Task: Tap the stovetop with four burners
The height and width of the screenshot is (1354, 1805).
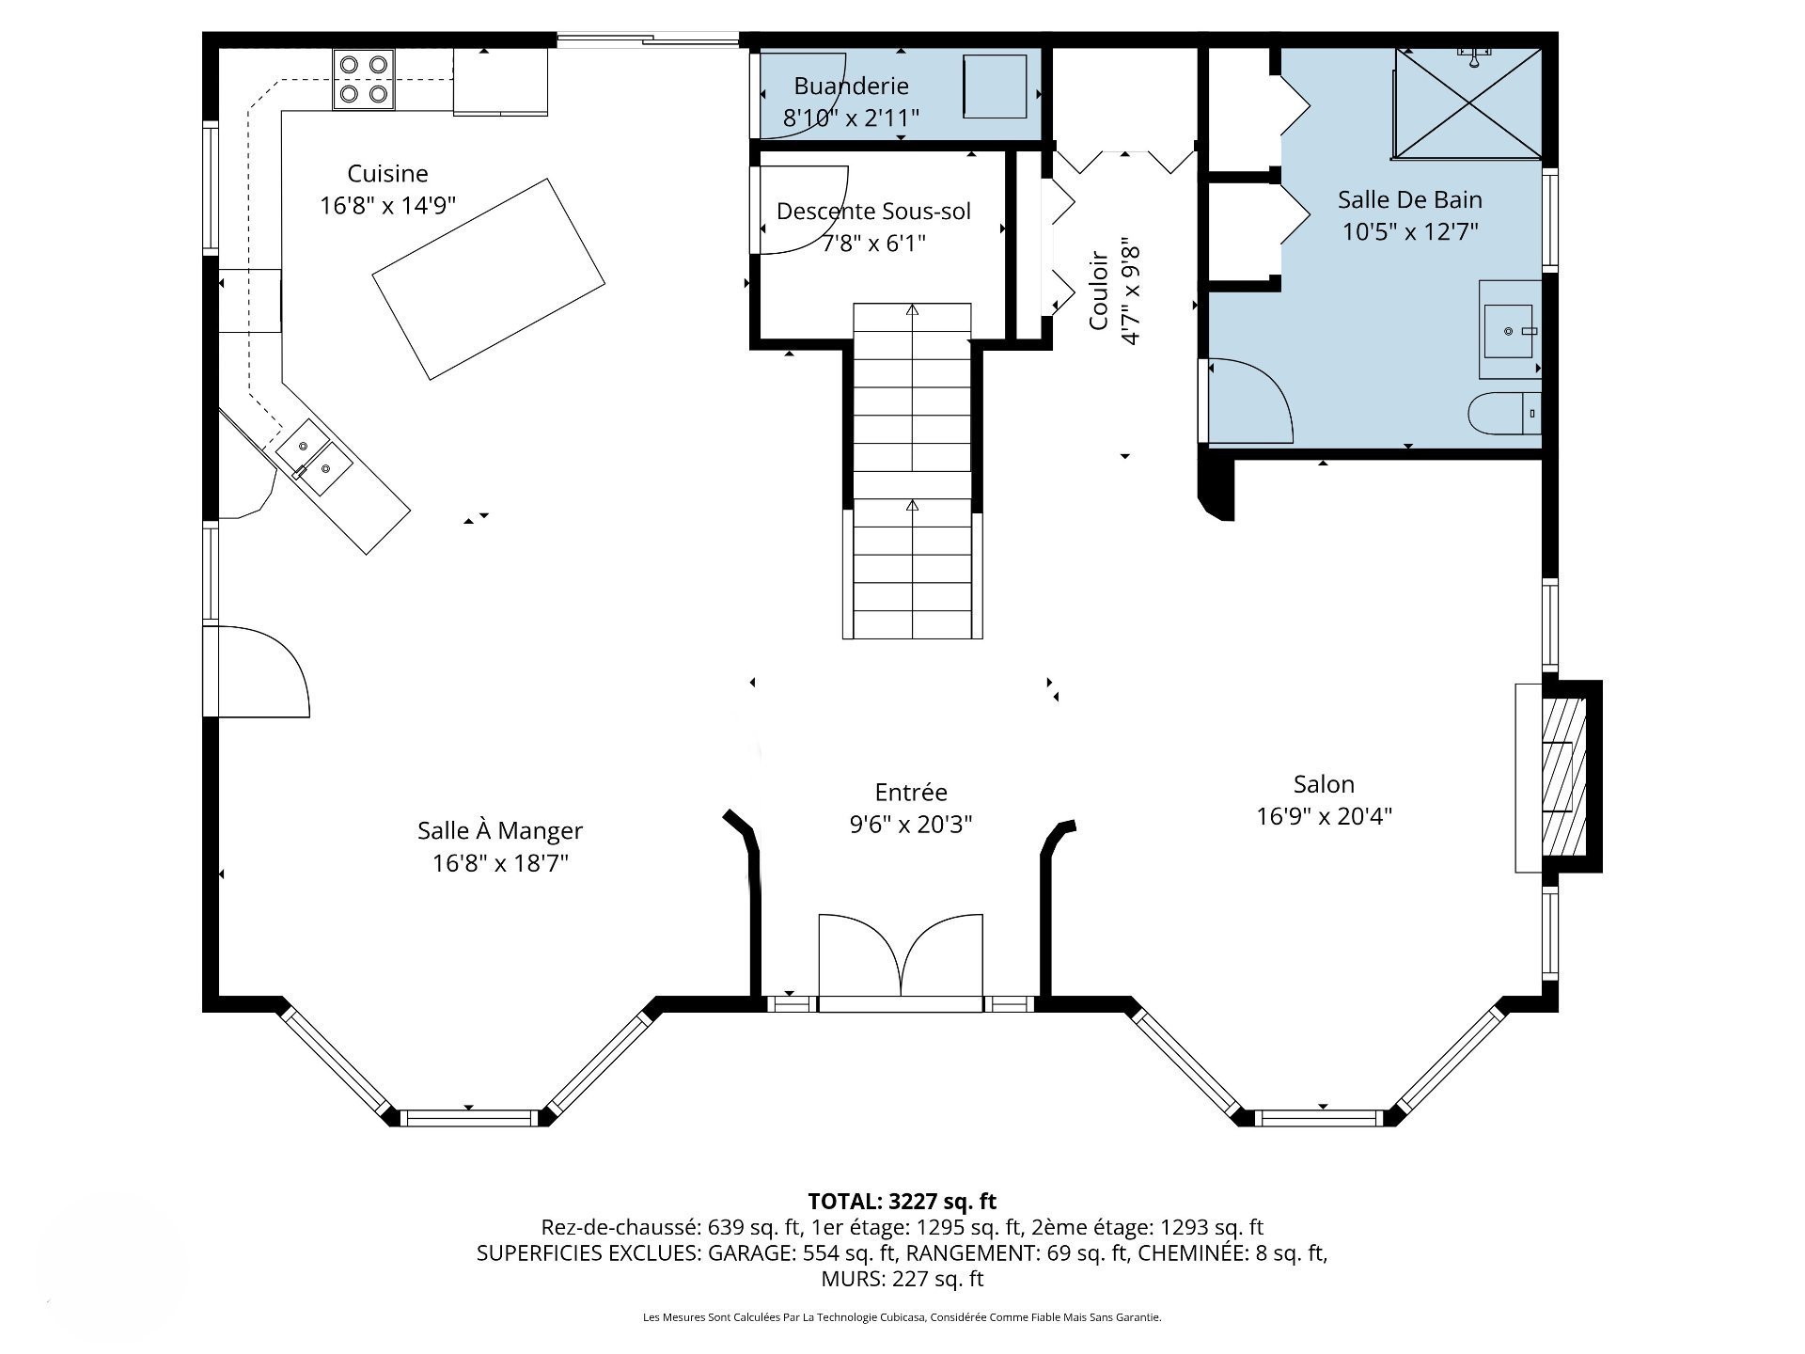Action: click(x=364, y=79)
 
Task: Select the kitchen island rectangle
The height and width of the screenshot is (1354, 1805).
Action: click(x=489, y=279)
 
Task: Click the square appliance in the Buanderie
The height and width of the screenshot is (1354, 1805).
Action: click(x=995, y=87)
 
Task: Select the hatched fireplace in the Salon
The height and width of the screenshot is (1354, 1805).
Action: click(x=1564, y=777)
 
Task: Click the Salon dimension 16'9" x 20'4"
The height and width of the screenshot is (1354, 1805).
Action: click(x=1324, y=816)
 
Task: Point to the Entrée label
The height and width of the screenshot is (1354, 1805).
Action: click(x=911, y=793)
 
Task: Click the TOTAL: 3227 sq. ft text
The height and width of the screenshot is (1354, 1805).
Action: click(x=902, y=1201)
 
